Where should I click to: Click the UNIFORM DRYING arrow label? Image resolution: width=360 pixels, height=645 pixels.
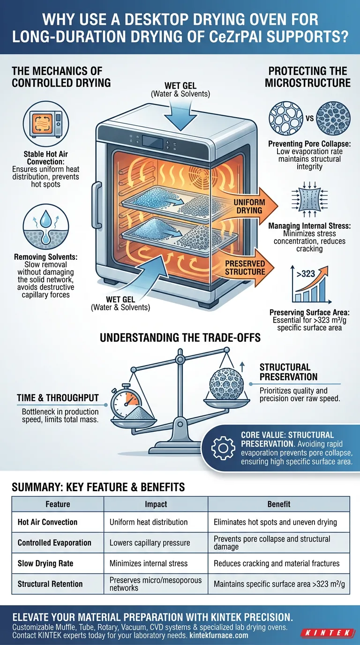click(249, 206)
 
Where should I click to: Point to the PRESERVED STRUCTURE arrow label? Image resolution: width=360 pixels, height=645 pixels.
click(245, 268)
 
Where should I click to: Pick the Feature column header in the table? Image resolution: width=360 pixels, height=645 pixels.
click(58, 504)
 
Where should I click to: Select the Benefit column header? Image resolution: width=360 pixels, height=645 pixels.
click(278, 504)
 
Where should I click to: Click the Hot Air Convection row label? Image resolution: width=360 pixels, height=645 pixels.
click(47, 522)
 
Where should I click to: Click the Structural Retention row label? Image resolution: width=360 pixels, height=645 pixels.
click(50, 584)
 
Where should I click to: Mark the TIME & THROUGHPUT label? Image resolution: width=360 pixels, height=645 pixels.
click(58, 398)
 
